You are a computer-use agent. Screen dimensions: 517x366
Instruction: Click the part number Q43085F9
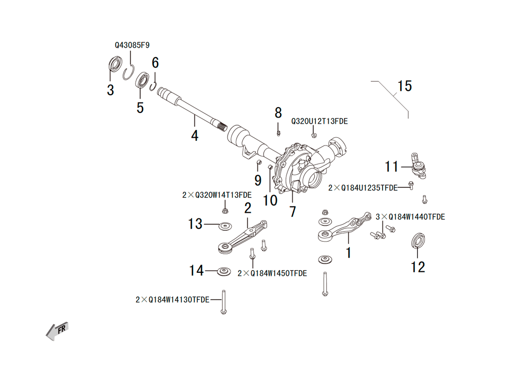(x=132, y=45)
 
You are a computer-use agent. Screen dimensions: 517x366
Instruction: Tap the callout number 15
(x=405, y=86)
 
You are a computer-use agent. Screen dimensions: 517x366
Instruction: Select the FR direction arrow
(x=57, y=331)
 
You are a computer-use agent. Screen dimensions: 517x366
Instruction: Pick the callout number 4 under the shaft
(x=194, y=136)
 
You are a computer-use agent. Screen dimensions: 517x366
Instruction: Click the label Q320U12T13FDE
(x=319, y=122)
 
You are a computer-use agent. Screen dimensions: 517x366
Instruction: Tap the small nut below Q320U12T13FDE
(x=314, y=135)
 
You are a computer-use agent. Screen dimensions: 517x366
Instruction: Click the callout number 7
(x=293, y=212)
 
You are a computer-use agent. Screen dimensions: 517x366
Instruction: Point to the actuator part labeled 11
(x=418, y=166)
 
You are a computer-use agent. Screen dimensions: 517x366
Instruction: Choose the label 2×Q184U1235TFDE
(x=363, y=188)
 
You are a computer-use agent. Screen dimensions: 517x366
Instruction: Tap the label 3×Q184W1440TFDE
(x=410, y=217)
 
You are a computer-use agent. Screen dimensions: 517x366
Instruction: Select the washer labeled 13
(x=225, y=226)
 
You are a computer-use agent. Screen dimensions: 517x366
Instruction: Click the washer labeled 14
(x=224, y=272)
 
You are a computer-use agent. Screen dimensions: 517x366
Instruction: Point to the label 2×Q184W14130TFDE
(x=173, y=300)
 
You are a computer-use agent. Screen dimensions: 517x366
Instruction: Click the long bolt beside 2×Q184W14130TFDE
(x=223, y=302)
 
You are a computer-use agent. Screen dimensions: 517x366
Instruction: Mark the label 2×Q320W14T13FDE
(x=217, y=195)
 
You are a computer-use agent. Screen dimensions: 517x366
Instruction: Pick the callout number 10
(x=270, y=201)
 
